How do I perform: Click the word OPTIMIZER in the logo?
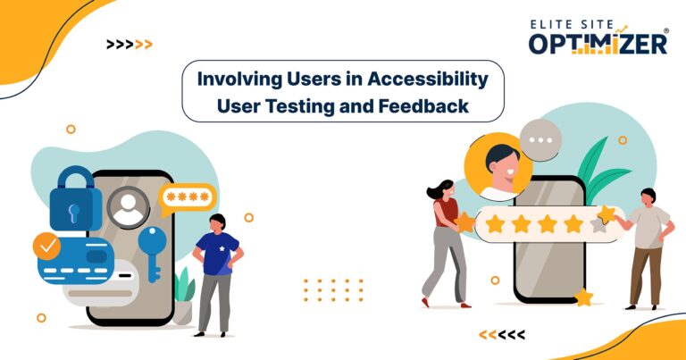[597, 42]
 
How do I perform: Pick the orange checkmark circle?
[46, 245]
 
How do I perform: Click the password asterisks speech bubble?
[188, 196]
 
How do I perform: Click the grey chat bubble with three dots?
[540, 139]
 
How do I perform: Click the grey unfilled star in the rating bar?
[596, 224]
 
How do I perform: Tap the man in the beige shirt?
[648, 247]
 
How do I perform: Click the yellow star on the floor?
[583, 297]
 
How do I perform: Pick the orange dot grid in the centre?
[333, 289]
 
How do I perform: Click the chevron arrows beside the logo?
[129, 44]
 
